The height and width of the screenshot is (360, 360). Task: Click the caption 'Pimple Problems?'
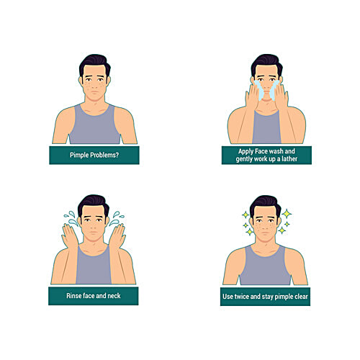(x=94, y=155)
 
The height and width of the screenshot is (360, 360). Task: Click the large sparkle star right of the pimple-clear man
(x=286, y=215)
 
